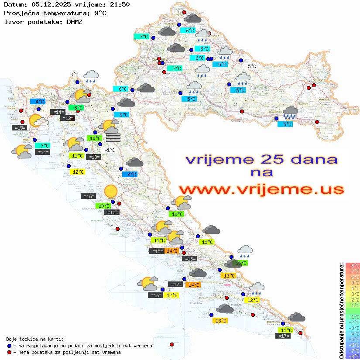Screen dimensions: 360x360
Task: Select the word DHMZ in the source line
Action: pos(75,21)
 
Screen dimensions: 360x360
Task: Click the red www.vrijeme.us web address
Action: pos(261,189)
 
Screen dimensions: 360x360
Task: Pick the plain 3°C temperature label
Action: pos(74,75)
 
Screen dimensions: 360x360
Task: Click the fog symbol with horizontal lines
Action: pos(113,137)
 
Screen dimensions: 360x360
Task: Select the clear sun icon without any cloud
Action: pos(111,191)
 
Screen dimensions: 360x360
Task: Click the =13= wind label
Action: pos(93,157)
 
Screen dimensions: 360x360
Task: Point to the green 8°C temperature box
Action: pos(78,108)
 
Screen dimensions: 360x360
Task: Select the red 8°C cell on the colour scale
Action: pos(352,265)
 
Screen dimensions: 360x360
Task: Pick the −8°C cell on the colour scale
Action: pos(352,356)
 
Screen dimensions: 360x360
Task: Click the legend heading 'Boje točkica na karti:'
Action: pos(35,339)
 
